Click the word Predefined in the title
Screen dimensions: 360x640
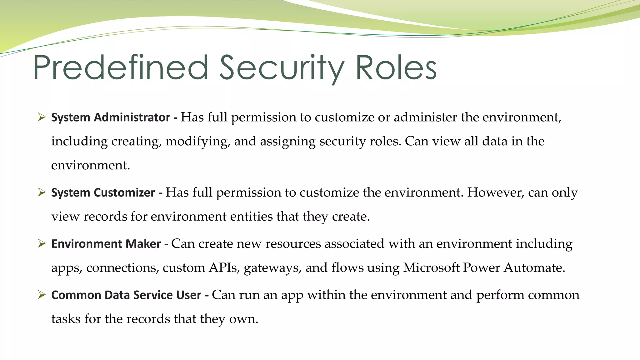point(121,67)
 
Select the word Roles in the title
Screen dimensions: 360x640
point(396,67)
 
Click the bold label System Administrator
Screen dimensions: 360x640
point(111,117)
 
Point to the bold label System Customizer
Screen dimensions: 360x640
point(103,192)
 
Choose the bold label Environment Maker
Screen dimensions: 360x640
point(106,244)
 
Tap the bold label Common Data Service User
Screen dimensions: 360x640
point(126,295)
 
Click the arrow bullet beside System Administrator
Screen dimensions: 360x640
point(42,117)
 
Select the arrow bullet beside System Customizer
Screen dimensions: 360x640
point(42,192)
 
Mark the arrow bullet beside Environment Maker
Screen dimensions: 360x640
point(42,243)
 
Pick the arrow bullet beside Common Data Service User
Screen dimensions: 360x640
point(42,295)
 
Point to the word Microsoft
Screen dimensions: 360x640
point(431,268)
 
